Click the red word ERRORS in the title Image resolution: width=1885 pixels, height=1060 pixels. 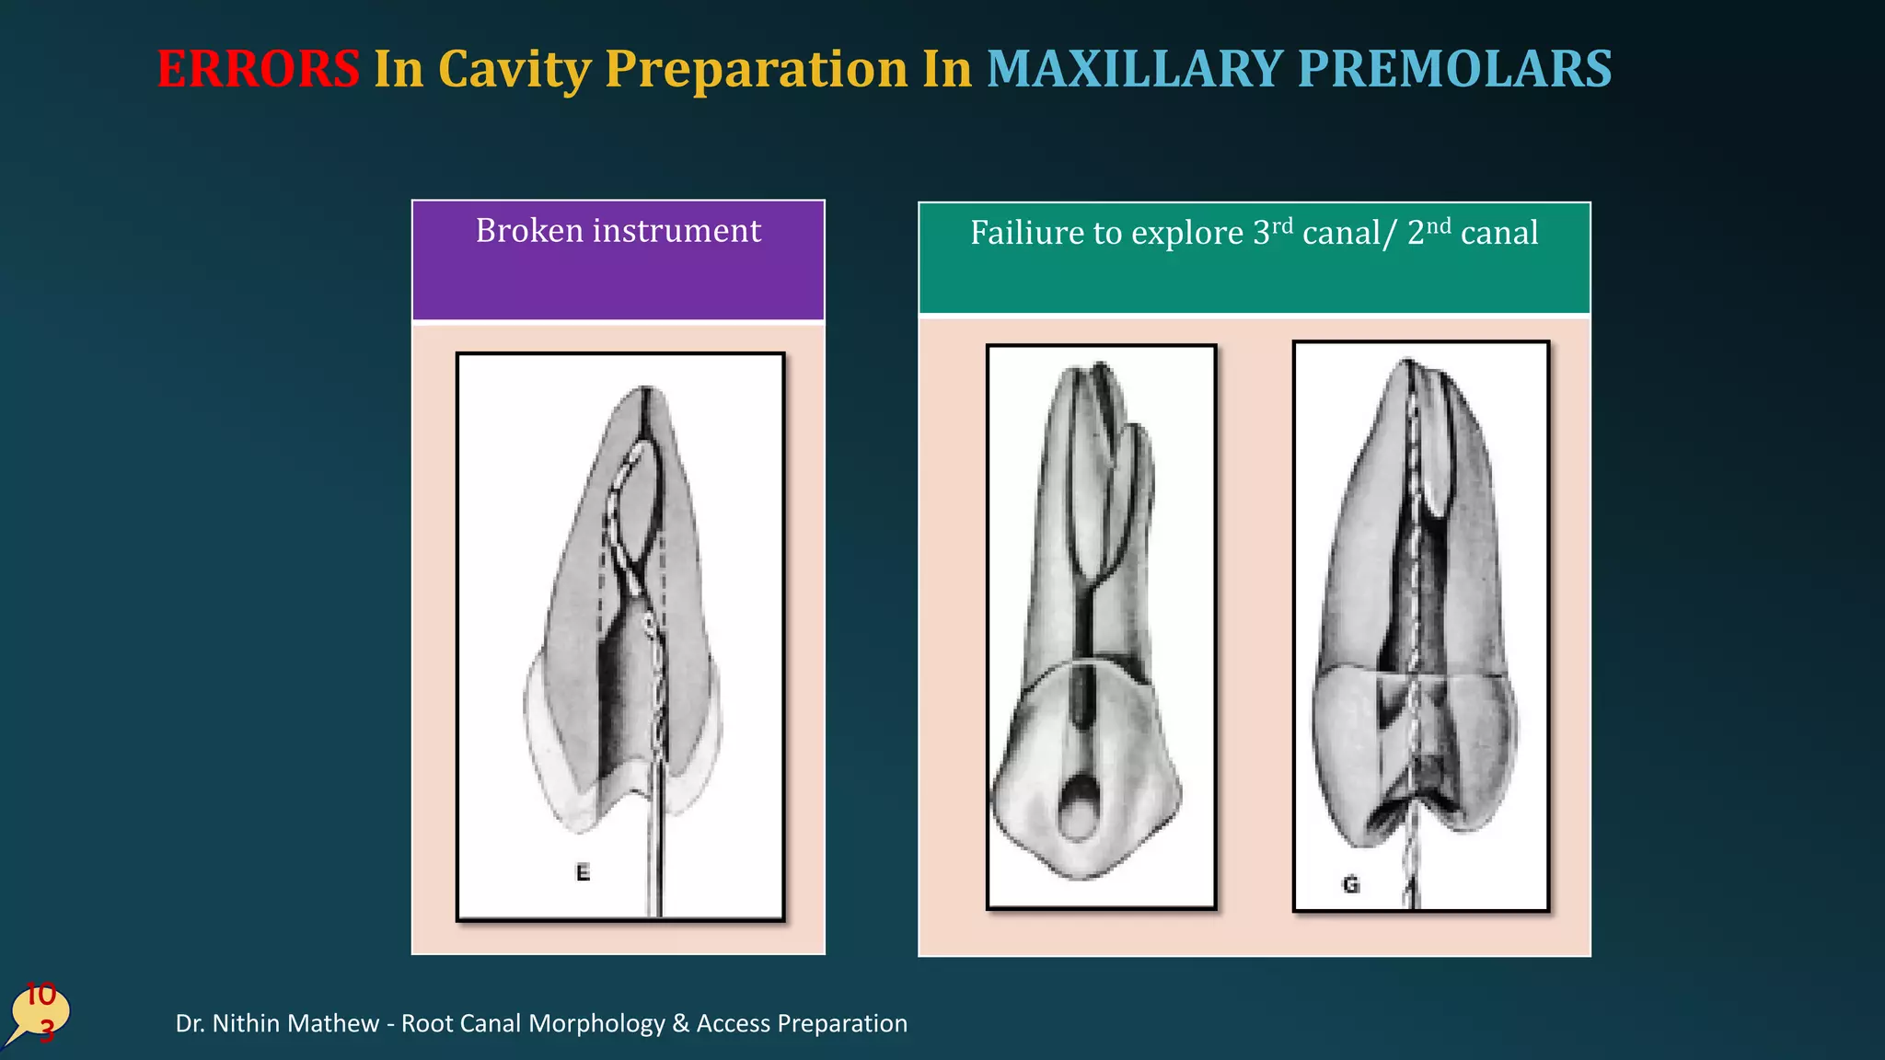click(x=258, y=69)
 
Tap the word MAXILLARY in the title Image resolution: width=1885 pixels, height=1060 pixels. click(x=1134, y=69)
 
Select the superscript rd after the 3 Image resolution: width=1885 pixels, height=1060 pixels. click(x=1282, y=225)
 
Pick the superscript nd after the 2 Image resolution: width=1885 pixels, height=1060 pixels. click(x=1439, y=225)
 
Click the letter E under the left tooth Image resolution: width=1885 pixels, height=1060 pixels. click(x=583, y=872)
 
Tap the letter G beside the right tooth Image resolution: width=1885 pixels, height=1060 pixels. click(x=1350, y=885)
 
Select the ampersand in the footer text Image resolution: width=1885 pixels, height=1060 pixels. click(x=681, y=1023)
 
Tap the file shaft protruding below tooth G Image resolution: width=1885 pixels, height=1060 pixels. click(x=1410, y=870)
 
